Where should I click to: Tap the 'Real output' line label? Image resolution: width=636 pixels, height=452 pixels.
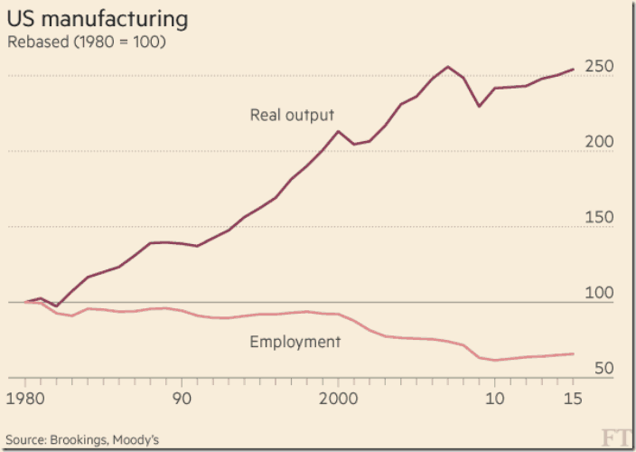click(292, 115)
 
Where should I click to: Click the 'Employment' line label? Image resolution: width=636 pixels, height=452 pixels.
click(295, 342)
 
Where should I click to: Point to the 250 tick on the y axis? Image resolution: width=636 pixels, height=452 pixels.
click(599, 67)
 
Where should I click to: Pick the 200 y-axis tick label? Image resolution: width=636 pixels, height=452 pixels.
click(599, 142)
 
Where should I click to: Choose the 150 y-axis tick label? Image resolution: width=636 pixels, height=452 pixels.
click(599, 218)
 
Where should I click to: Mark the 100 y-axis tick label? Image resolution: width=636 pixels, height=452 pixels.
click(599, 293)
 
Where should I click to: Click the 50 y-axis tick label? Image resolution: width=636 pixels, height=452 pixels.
click(603, 369)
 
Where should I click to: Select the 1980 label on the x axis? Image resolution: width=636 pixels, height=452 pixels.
click(27, 399)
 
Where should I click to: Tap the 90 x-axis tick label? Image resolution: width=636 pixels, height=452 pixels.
click(183, 399)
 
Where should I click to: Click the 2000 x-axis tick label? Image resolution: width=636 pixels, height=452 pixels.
click(338, 399)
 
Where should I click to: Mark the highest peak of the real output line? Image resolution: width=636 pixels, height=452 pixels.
click(448, 66)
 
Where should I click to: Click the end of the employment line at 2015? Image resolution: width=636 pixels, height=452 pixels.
click(574, 353)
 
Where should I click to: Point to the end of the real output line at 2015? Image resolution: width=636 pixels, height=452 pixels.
click(574, 69)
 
